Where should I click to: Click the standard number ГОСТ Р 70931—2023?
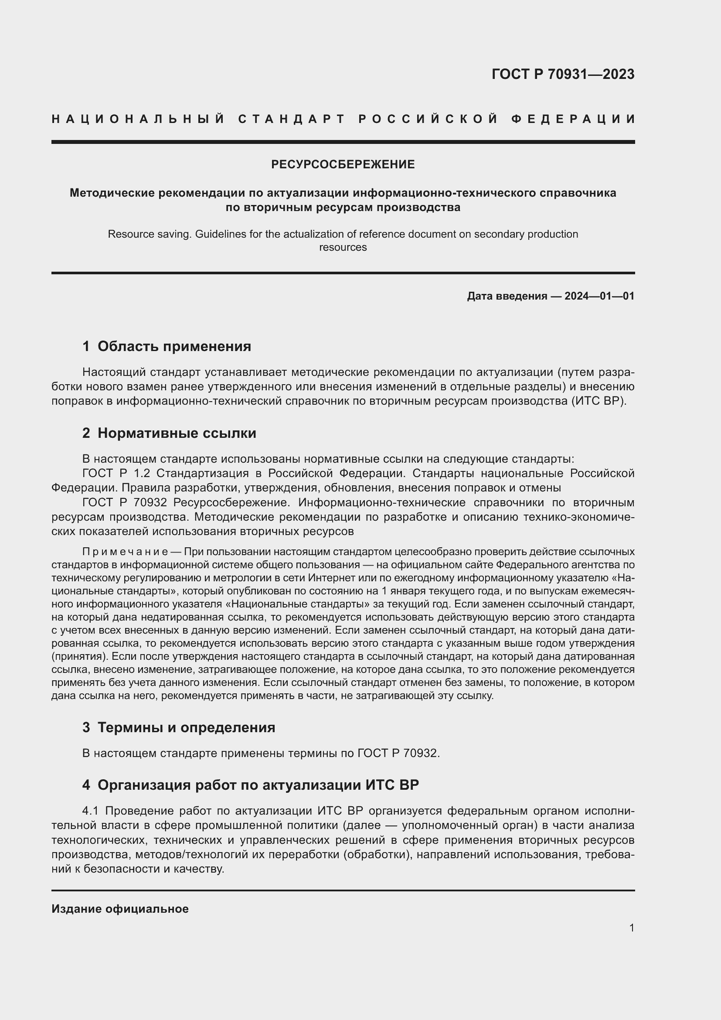562,74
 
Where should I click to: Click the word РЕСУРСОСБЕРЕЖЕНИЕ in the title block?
343,164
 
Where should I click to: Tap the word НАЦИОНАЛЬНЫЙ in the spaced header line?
138,119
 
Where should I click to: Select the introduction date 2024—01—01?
599,296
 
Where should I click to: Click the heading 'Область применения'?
174,346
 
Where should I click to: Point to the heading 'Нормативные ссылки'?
177,433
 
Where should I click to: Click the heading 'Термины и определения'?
186,727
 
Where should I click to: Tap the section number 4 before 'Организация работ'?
86,785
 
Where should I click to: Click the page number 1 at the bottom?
631,928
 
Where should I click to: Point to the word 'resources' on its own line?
343,247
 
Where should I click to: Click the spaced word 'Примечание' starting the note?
125,552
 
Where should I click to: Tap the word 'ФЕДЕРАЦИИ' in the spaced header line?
573,119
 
